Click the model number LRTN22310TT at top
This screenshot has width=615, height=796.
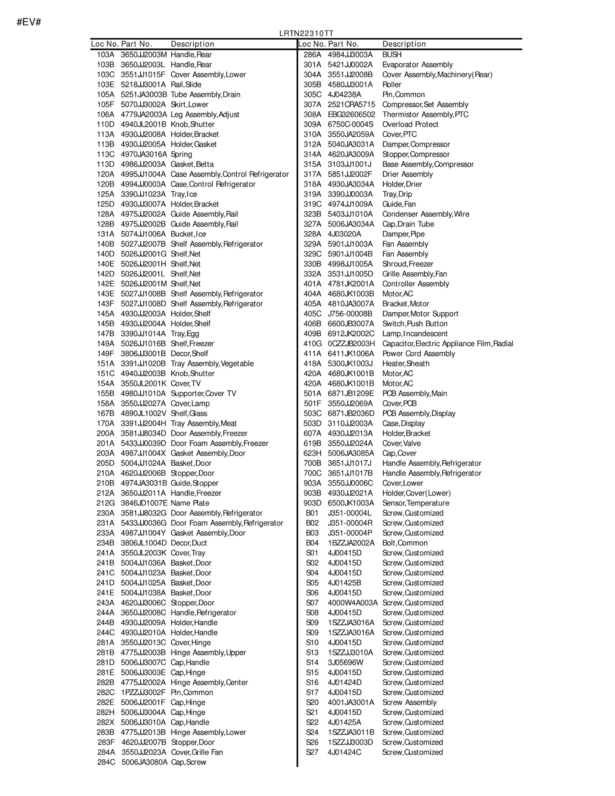coord(306,34)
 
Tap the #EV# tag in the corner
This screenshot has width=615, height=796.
coord(29,22)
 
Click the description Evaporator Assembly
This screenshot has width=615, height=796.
coord(417,65)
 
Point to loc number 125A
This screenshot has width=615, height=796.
coord(105,194)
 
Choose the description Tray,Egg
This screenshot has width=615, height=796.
coord(185,334)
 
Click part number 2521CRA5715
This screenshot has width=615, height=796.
coord(351,105)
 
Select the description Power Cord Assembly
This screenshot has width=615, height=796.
coord(419,354)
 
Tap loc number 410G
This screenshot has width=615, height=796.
coord(312,344)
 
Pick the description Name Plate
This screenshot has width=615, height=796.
coord(190,503)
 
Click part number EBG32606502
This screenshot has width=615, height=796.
coord(351,115)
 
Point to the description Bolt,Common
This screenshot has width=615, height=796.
coord(405,543)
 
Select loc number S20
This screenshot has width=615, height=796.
coord(312,702)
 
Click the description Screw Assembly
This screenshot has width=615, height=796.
coord(409,702)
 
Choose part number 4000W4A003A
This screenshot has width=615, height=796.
coord(353,603)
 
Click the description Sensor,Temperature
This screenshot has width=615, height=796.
coord(416,503)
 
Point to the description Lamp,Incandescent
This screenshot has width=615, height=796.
coord(415,334)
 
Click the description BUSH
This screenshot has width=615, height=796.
coord(392,55)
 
